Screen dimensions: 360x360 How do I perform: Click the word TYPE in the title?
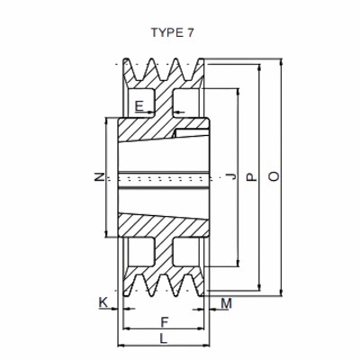[166, 32]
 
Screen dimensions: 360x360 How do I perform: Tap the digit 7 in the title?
[189, 32]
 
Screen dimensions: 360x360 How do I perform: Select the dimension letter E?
[139, 107]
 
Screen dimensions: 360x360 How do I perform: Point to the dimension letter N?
[100, 177]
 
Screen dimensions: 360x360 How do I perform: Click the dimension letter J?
[231, 177]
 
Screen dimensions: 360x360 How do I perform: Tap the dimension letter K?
[103, 303]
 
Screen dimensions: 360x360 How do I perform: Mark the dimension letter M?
[226, 303]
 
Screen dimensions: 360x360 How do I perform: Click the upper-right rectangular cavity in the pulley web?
[185, 101]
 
